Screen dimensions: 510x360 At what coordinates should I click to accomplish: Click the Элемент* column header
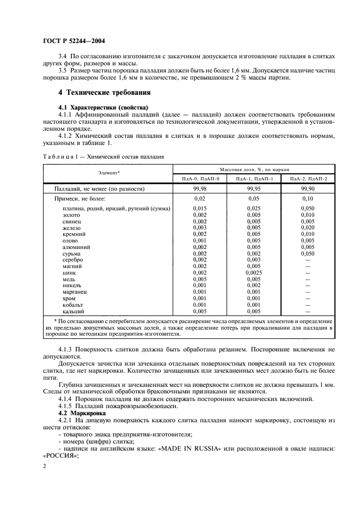coord(108,173)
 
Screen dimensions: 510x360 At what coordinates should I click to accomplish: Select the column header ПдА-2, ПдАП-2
coord(308,178)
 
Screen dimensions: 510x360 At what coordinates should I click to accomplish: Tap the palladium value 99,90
coord(308,189)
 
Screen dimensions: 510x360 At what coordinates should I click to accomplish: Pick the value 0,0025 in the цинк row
coord(254,272)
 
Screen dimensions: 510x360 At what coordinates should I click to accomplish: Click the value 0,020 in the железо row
coord(308,228)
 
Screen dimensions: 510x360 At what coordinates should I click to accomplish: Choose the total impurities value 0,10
coord(308,199)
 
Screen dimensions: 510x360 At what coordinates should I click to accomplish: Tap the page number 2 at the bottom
coord(45,466)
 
